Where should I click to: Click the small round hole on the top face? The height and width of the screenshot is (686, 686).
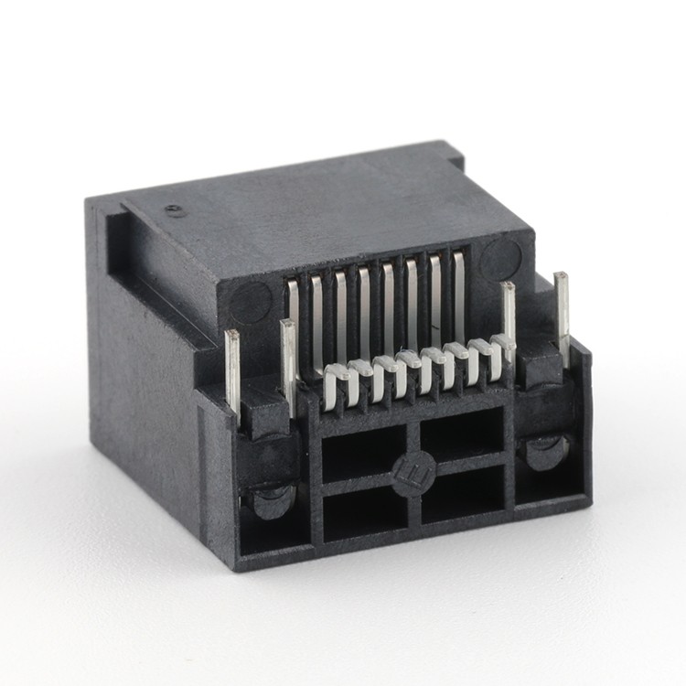point(174,210)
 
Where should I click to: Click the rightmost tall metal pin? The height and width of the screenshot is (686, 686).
point(562,316)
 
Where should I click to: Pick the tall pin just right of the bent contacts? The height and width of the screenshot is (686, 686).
point(508,316)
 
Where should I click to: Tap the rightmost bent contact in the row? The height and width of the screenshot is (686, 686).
point(501,352)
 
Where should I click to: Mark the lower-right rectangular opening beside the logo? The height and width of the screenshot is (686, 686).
point(463,494)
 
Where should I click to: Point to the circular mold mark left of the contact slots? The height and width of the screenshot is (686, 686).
point(249,301)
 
